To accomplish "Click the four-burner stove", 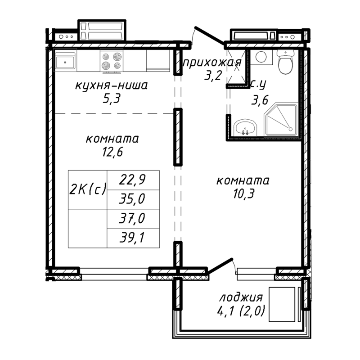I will [112, 62].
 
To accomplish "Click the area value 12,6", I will [112, 151].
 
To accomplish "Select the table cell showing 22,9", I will [133, 180].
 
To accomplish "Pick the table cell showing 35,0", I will [133, 199].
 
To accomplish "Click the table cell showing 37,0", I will [133, 219].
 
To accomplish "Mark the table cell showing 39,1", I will [133, 238].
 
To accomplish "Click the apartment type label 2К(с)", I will [88, 189].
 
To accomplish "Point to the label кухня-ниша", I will [112, 85].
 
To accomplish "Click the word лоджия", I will [241, 297].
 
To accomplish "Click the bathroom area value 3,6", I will [259, 100].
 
